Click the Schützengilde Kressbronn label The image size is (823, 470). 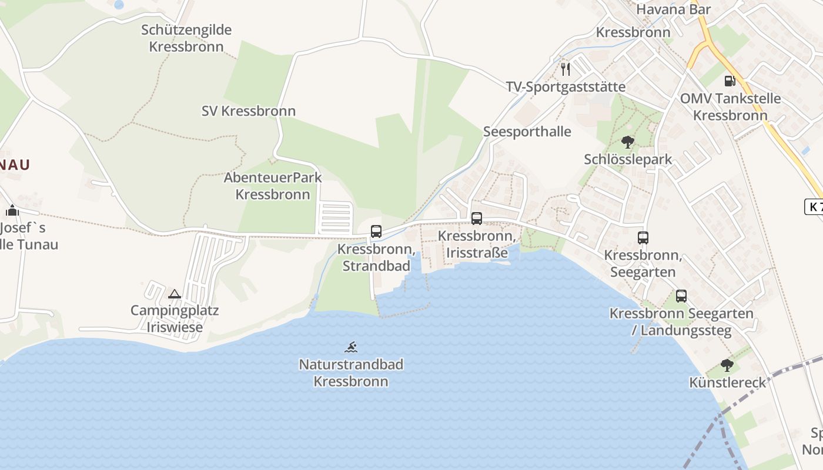click(186, 38)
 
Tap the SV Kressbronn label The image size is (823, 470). click(248, 111)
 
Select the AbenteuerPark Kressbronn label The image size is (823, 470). click(273, 186)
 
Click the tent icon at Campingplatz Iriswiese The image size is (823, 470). click(175, 293)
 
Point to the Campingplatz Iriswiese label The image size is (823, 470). click(175, 319)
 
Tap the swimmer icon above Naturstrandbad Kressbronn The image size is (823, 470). click(351, 347)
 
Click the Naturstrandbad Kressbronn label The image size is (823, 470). click(351, 373)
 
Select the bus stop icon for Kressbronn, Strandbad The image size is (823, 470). click(376, 231)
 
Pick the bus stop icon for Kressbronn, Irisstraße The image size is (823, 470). click(477, 219)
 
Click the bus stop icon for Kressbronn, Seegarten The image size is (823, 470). click(643, 238)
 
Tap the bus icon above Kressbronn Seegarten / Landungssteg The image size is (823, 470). click(681, 296)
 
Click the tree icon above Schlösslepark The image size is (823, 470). click(628, 142)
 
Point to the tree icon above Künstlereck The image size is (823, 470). click(727, 365)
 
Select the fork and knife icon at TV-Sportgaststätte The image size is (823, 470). click(566, 69)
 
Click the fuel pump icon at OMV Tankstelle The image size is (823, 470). click(730, 81)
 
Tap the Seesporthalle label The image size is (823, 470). click(527, 132)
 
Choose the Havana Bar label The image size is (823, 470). click(673, 9)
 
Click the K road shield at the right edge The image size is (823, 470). click(814, 207)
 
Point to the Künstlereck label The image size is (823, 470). click(728, 383)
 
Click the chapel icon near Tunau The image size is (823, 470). click(13, 210)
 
